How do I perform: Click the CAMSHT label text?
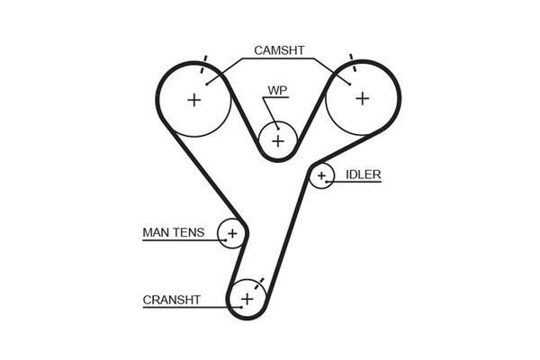[x=278, y=50]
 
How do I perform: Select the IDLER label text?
[x=362, y=175]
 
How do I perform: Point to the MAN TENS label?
[x=173, y=233]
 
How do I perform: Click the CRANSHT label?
[x=171, y=300]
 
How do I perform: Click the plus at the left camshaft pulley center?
[x=194, y=99]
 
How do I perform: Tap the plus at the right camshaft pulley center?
[x=362, y=98]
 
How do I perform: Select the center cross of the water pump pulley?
[x=278, y=140]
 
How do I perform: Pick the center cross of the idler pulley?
[x=321, y=175]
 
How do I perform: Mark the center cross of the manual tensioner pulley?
[x=232, y=234]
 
